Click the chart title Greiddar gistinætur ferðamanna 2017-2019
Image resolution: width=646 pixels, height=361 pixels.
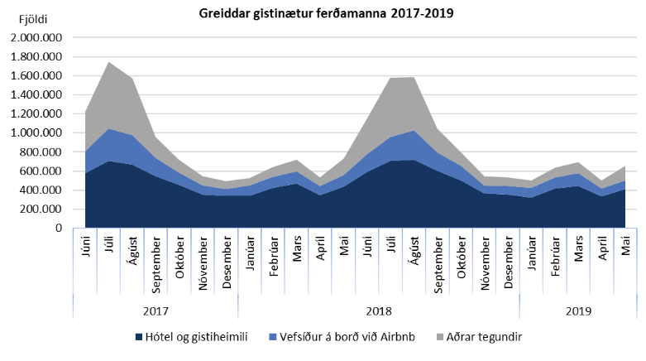click(x=325, y=13)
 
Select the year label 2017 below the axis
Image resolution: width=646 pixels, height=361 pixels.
click(x=155, y=311)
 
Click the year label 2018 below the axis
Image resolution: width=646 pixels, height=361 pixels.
click(x=379, y=311)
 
